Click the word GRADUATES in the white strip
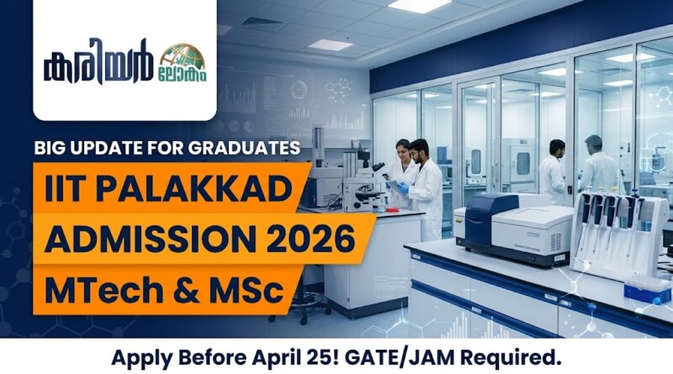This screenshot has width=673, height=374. click(x=244, y=150)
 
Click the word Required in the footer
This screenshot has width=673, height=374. click(x=509, y=356)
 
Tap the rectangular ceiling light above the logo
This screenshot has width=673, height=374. click(x=331, y=45)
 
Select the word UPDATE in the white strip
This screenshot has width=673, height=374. click(x=109, y=150)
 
